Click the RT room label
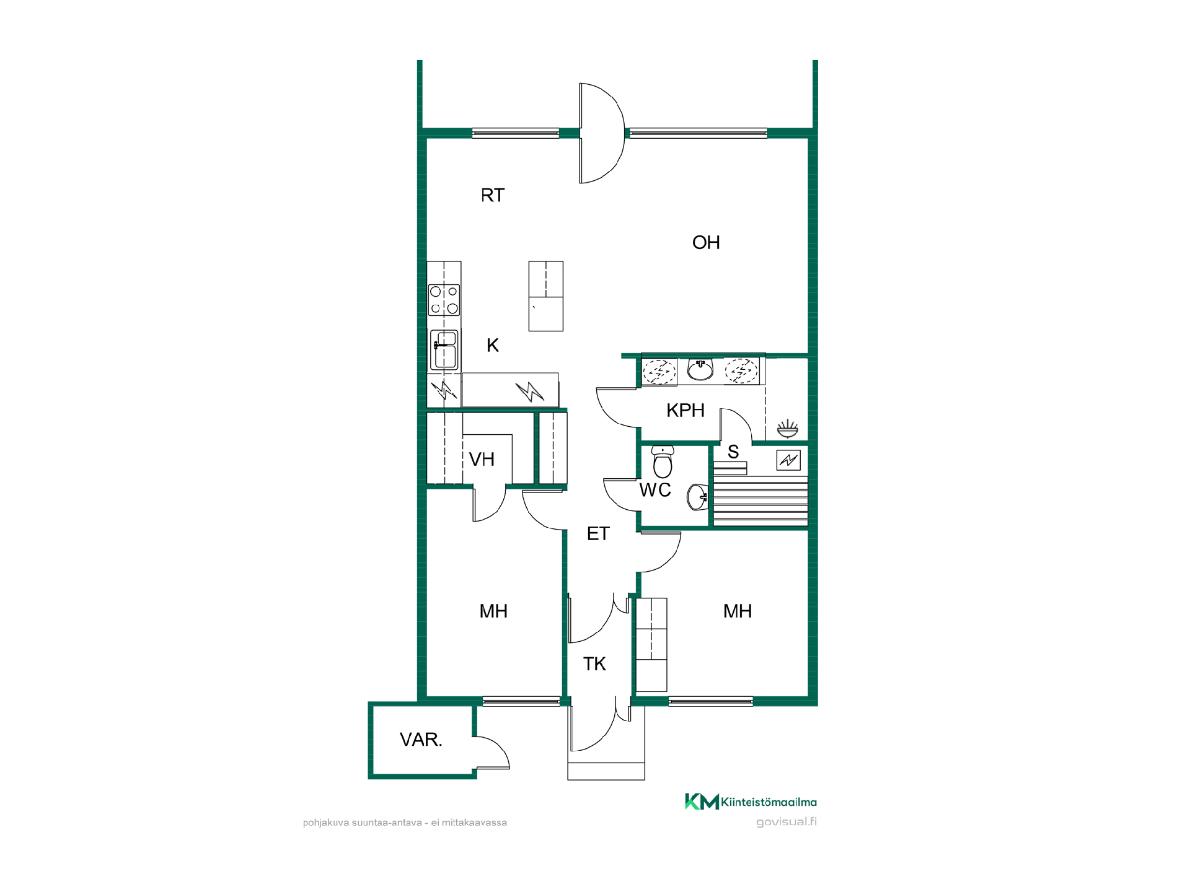point(493,196)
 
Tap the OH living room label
point(706,242)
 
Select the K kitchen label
point(493,345)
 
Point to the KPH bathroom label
point(685,410)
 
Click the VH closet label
point(482,460)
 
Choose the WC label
point(655,490)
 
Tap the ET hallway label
point(598,534)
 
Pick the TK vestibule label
point(594,664)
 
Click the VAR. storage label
point(421,740)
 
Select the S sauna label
point(733,452)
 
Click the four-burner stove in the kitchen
point(444,300)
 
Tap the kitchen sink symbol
point(444,350)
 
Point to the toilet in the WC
point(663,461)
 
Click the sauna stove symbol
point(788,460)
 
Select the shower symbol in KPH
point(787,428)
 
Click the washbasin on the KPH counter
point(700,370)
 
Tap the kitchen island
point(546,296)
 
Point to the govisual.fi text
point(787,822)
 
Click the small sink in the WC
point(697,497)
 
